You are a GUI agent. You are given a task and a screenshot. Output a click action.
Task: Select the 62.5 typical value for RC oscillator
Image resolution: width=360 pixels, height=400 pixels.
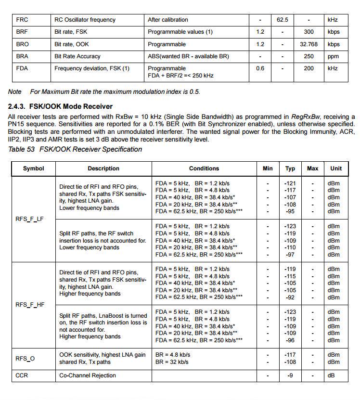283,20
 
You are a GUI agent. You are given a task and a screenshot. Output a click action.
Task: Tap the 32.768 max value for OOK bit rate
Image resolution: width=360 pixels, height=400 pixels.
309,44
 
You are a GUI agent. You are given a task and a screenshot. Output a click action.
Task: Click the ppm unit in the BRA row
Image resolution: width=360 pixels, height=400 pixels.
333,56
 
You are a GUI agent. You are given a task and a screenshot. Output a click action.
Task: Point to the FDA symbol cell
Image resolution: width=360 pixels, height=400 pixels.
22,68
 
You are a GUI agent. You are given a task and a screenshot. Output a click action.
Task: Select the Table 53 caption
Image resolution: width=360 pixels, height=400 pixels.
75,149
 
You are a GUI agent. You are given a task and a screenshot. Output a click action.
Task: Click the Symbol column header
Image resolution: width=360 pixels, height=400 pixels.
33,168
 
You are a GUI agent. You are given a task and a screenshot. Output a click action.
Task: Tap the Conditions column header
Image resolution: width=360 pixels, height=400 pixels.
204,168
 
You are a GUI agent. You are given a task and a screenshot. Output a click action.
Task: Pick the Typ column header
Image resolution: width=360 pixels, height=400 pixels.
290,168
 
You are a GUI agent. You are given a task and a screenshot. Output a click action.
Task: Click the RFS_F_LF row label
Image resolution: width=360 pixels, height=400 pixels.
30,219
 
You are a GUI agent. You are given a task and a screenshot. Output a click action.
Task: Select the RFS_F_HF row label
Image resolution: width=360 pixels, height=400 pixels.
30,305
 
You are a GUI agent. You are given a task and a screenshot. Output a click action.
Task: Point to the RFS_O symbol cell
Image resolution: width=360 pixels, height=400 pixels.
25,358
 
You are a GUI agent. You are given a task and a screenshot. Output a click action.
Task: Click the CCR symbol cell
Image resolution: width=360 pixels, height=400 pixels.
22,375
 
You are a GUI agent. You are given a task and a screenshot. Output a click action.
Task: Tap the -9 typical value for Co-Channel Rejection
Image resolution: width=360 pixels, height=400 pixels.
290,375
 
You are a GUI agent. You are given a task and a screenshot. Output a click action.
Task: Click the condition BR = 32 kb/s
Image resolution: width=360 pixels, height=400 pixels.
172,362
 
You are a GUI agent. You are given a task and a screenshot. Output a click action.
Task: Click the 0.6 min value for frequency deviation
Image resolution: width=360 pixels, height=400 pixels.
260,68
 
